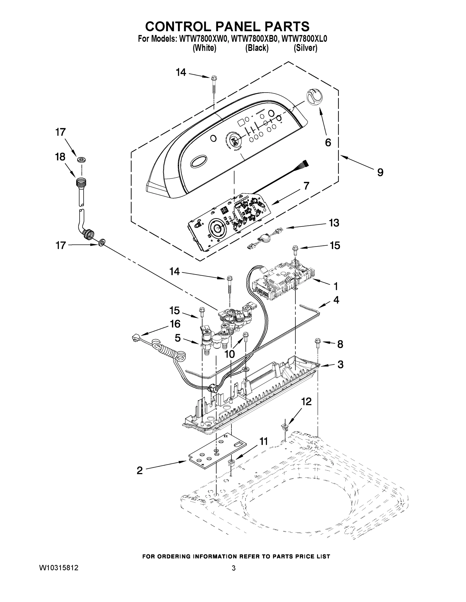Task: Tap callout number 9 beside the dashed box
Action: pos(380,173)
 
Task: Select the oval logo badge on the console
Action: pos(198,162)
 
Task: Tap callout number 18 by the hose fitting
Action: pos(60,157)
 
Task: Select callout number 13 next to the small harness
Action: pos(334,223)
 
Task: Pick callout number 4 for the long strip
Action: pos(336,300)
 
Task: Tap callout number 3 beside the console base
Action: pos(340,364)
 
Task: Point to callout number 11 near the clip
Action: pos(264,441)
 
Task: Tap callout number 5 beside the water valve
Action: pos(178,338)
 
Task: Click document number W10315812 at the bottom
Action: pos(59,568)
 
